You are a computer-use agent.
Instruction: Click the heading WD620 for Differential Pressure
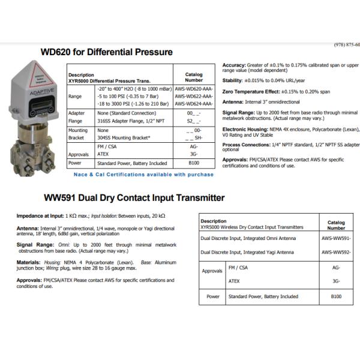coord(106,52)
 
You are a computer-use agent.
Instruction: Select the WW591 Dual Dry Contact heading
coord(134,197)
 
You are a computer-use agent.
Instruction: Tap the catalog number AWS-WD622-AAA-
coord(194,96)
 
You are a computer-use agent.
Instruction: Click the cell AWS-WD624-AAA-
coord(194,104)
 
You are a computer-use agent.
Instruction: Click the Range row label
coord(76,96)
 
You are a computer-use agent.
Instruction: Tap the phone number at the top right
coord(347,45)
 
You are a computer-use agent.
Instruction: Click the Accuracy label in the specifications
coord(234,65)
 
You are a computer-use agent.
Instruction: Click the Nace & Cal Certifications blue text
coord(143,175)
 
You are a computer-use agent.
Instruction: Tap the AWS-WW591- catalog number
coord(335,239)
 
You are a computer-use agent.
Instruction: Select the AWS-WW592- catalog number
coord(335,253)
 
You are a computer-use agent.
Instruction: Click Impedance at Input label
coord(40,215)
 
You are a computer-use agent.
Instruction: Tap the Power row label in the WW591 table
coord(213,296)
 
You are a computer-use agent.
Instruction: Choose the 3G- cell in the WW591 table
coord(335,281)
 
